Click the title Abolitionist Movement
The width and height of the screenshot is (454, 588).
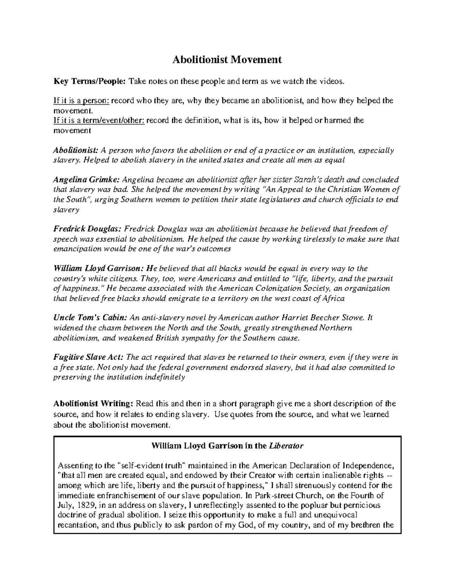pos(227,60)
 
